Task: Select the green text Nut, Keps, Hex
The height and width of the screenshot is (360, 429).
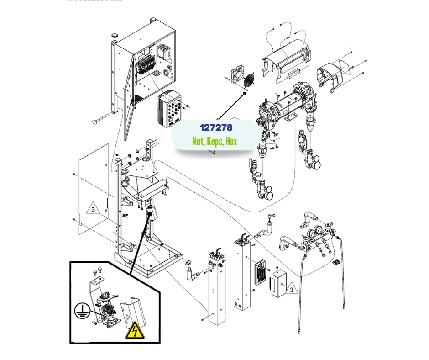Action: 214,141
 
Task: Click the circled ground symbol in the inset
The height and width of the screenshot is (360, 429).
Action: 82,312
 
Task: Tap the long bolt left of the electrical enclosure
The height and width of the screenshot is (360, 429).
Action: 104,120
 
